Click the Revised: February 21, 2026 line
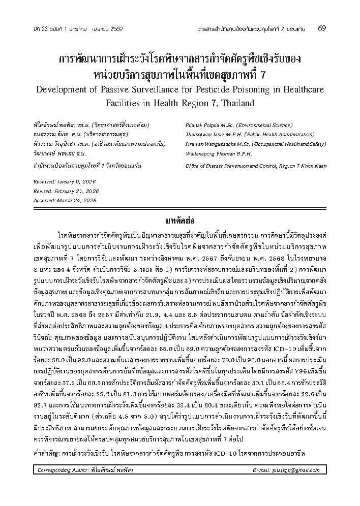(x=58, y=191)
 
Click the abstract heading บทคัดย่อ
(x=179, y=221)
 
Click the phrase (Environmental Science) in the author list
(x=255, y=124)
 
